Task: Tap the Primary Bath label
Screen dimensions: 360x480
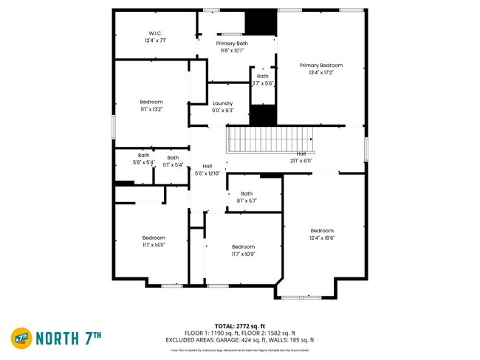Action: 232,44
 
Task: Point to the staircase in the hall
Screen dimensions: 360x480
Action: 270,139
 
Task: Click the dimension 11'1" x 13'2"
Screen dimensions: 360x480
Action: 151,109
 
